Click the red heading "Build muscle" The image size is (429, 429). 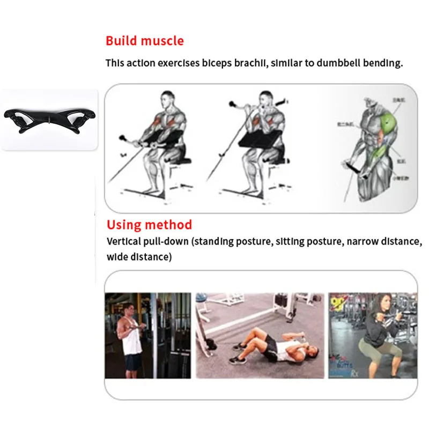pyautogui.click(x=144, y=41)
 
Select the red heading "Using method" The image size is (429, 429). pyautogui.click(x=149, y=225)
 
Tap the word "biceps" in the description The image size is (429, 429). pyautogui.click(x=217, y=63)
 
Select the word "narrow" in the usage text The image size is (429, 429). pyautogui.click(x=363, y=241)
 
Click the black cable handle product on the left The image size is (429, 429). pyautogui.click(x=49, y=119)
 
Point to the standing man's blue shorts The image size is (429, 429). pyautogui.click(x=133, y=363)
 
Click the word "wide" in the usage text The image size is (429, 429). pyautogui.click(x=117, y=257)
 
